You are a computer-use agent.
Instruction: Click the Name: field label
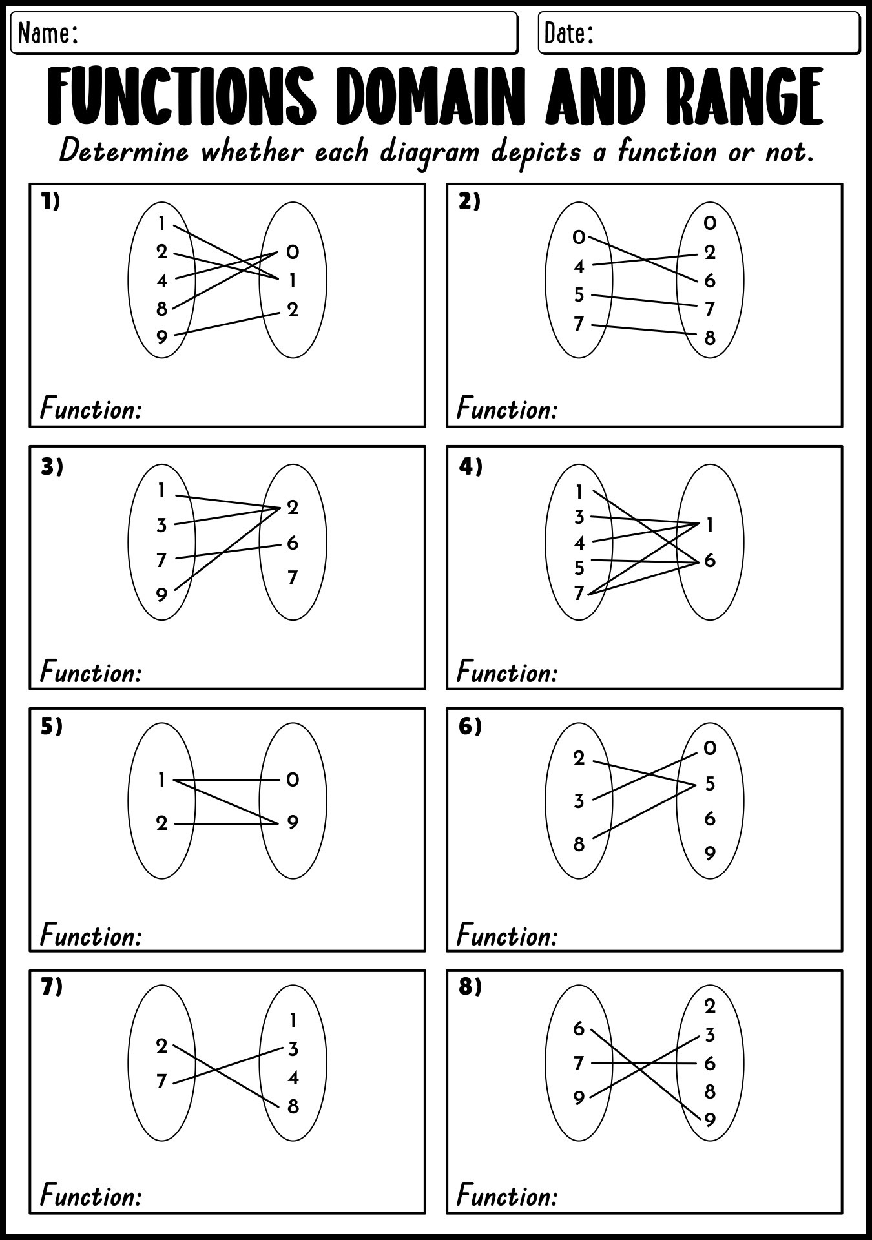(x=48, y=33)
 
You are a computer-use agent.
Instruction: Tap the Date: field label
(x=568, y=33)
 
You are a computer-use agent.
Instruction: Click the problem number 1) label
(x=50, y=202)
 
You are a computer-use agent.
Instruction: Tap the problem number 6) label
(x=470, y=727)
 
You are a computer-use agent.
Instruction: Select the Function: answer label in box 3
(x=90, y=672)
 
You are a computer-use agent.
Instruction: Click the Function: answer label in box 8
(x=507, y=1196)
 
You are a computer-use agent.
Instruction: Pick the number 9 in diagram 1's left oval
(x=161, y=336)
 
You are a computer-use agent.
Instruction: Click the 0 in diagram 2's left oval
(x=579, y=238)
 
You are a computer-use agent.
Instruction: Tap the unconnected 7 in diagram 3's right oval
(x=293, y=577)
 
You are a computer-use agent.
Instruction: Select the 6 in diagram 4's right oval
(x=710, y=561)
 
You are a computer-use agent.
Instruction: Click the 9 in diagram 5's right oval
(x=293, y=823)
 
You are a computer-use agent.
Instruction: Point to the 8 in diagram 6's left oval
(x=579, y=844)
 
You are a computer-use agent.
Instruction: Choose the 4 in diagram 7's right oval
(x=293, y=1077)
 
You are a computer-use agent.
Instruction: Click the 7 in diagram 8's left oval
(x=579, y=1063)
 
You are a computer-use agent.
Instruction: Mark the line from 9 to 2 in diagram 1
(x=226, y=324)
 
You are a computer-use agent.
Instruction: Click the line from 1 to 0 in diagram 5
(x=226, y=780)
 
